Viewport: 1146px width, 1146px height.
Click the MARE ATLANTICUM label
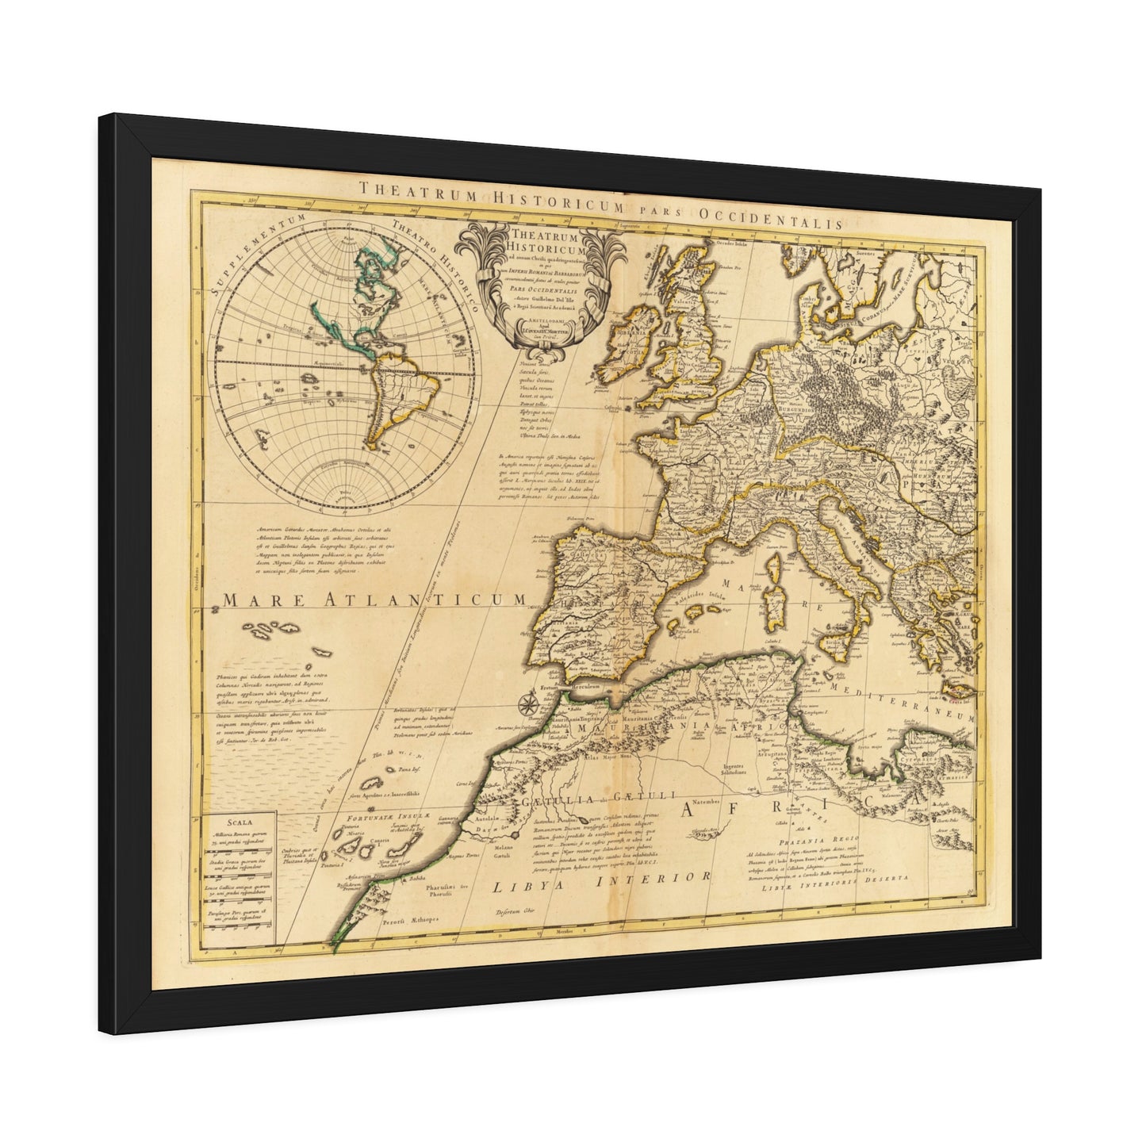click(374, 600)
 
